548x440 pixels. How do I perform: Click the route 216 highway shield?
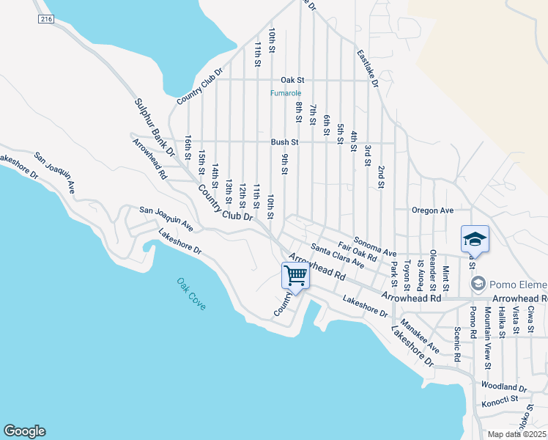pyautogui.click(x=47, y=19)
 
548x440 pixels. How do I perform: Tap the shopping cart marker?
pyautogui.click(x=295, y=276)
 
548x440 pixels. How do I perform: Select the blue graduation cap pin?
pyautogui.click(x=474, y=239)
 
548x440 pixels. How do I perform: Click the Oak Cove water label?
pyautogui.click(x=191, y=293)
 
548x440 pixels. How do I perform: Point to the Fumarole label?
pyautogui.click(x=285, y=93)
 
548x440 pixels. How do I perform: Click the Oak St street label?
pyautogui.click(x=292, y=79)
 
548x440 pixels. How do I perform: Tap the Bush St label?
pyautogui.click(x=285, y=142)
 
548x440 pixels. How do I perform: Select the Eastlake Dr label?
pyautogui.click(x=368, y=69)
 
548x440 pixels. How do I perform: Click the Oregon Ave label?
pyautogui.click(x=432, y=210)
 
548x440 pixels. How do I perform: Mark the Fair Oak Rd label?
pyautogui.click(x=357, y=252)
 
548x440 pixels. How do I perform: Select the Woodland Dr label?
pyautogui.click(x=504, y=386)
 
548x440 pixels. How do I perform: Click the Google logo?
pyautogui.click(x=24, y=431)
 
